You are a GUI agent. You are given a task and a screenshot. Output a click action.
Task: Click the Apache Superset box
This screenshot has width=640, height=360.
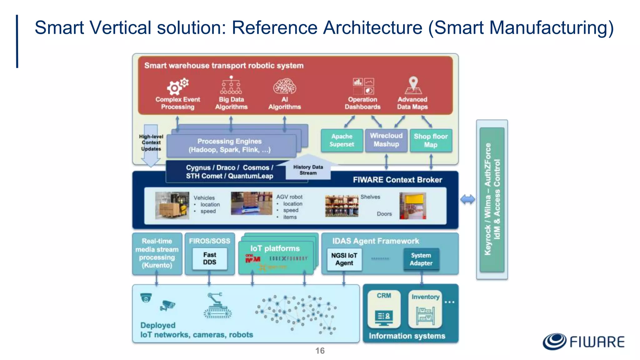[342, 140]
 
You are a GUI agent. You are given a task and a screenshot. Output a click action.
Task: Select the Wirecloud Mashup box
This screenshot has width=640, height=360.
[386, 140]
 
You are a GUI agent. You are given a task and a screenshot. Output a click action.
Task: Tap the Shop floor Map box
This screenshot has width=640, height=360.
[431, 140]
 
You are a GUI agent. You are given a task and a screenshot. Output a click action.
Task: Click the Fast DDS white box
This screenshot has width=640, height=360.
[209, 258]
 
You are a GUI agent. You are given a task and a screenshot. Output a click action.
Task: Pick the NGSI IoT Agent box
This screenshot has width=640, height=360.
[344, 259]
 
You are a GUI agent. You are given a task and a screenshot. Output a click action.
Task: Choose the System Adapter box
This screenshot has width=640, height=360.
[421, 259]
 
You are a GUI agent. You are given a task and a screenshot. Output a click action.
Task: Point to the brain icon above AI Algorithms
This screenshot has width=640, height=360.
[284, 87]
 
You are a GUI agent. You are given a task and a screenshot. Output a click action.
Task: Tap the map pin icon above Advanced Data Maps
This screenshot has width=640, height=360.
[413, 85]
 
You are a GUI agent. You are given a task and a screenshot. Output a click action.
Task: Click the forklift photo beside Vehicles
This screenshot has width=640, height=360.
[172, 205]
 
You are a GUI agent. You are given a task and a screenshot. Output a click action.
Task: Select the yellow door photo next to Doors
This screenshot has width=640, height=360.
[412, 206]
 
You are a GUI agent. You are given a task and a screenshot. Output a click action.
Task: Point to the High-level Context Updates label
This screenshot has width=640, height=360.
[151, 143]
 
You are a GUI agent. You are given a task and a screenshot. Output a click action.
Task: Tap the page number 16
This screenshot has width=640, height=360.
[320, 351]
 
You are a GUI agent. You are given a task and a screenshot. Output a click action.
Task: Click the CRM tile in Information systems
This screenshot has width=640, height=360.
[384, 309]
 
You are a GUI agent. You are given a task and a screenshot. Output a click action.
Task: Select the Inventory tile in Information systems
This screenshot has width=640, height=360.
[425, 309]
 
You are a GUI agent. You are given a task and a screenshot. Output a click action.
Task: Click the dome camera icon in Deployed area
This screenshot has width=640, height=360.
[146, 298]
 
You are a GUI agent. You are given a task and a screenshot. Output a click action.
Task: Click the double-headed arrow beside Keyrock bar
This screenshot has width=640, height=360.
[467, 199]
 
